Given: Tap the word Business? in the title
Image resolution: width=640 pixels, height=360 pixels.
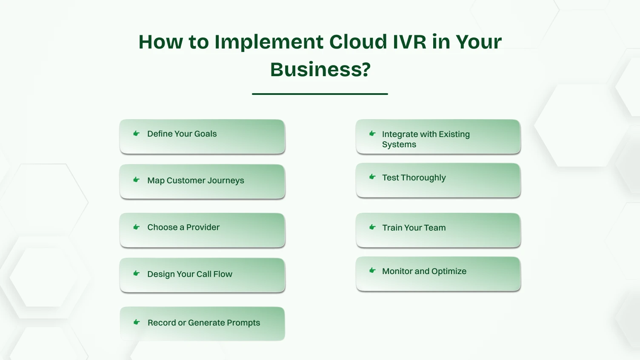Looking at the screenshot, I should [x=320, y=70].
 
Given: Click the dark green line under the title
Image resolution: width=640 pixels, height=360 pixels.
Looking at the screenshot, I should [x=320, y=94].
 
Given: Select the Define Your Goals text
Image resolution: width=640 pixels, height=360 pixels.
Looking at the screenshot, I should [x=182, y=134].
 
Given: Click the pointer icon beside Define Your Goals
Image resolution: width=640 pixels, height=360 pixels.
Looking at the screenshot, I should [x=137, y=134].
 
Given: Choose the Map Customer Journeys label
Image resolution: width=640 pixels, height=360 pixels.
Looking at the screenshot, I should [x=195, y=180].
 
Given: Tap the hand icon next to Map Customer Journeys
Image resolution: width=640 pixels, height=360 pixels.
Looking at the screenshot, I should [x=137, y=180].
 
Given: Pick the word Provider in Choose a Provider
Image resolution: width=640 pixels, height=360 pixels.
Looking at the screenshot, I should [x=203, y=227].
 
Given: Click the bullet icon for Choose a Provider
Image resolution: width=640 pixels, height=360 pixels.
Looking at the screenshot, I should [x=137, y=227].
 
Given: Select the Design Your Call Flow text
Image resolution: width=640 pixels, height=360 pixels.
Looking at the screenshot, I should [x=189, y=274].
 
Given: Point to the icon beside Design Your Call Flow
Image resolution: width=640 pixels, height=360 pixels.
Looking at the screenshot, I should [x=137, y=274].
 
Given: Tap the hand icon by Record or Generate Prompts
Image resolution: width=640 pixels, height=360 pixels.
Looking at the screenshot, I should [x=137, y=323].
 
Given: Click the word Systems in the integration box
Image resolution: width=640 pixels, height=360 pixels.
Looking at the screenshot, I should [x=399, y=145].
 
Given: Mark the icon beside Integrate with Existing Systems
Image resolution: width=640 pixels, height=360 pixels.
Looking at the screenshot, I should [x=372, y=134].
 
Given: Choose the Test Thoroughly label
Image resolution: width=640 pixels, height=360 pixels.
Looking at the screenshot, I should [x=414, y=178].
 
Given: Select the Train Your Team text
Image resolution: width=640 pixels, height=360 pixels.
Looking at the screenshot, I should [x=414, y=228].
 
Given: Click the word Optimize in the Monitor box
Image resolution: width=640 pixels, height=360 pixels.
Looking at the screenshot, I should [x=449, y=271].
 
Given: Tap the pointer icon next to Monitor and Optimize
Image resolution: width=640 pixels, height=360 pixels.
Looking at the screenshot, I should [x=372, y=271].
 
